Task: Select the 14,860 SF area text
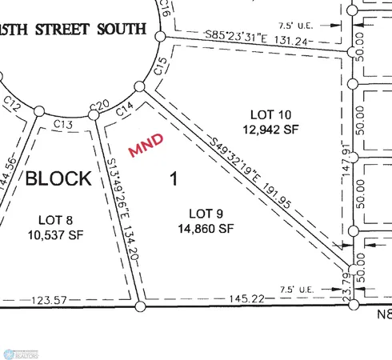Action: [x=206, y=228]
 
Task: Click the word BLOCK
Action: [x=58, y=178]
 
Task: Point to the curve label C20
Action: [x=98, y=106]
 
